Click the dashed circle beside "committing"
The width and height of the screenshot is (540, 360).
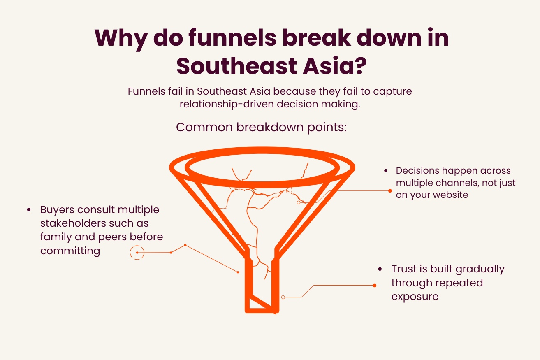tap(137, 253)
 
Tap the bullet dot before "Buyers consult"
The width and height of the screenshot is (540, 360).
tap(29, 210)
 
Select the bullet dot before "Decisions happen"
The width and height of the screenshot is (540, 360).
tap(386, 171)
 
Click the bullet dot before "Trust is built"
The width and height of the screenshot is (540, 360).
tap(380, 269)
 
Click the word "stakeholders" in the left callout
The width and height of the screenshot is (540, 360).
tap(73, 223)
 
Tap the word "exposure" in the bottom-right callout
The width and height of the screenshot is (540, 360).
tap(415, 297)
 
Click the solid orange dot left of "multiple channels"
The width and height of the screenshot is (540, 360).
tap(390, 191)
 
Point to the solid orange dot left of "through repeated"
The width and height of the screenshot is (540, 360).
tap(375, 286)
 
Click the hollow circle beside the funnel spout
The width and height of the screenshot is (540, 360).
tap(283, 297)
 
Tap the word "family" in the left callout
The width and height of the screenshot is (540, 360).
tap(56, 237)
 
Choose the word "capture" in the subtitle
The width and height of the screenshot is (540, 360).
tap(392, 92)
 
